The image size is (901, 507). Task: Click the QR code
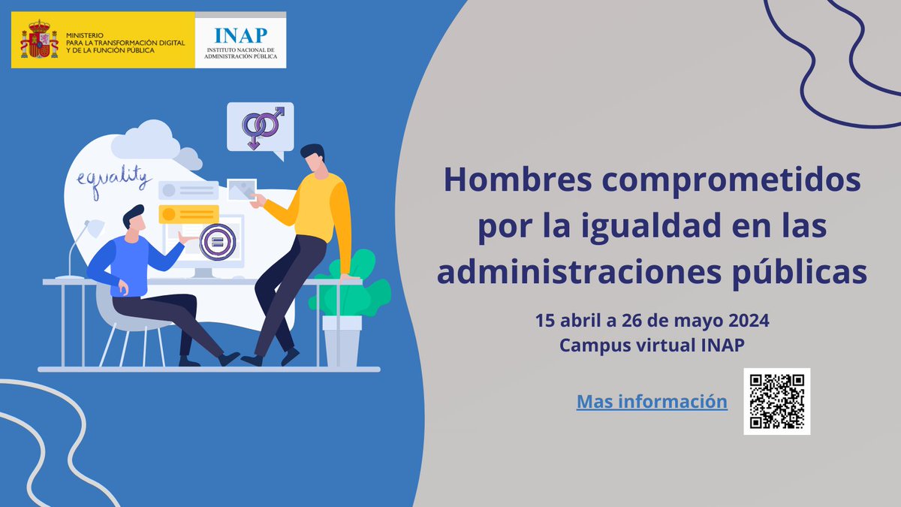click(x=777, y=401)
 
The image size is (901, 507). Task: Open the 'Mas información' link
click(x=652, y=401)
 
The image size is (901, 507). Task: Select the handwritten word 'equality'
click(x=113, y=181)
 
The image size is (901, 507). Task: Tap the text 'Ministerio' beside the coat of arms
click(x=83, y=35)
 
